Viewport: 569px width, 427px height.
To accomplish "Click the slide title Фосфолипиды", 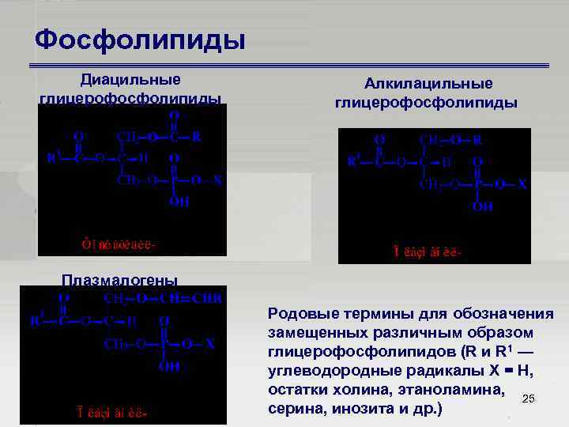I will coord(141,39).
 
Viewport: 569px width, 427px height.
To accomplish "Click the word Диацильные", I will coord(130,79).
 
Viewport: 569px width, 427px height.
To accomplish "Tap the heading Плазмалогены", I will coord(120,280).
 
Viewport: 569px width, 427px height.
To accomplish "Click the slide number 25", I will coord(529,399).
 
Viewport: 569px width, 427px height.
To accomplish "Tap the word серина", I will coord(294,409).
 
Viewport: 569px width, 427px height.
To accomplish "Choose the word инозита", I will coord(364,409).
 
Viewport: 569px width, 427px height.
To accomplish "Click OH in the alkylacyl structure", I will coord(482,206).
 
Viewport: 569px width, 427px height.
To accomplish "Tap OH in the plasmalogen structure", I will coord(170,367).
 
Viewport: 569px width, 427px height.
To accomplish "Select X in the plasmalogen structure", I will coord(210,345).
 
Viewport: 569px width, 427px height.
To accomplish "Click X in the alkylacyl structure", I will coord(522,184).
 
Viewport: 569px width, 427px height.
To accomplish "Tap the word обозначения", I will coord(509,315).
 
